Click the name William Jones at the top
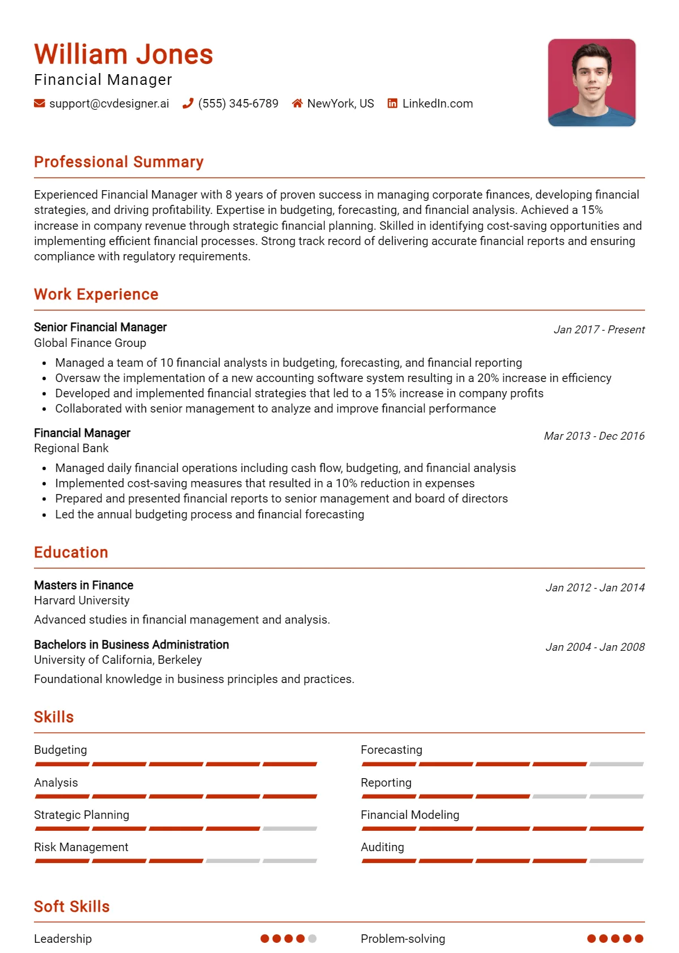(123, 55)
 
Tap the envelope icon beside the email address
(40, 104)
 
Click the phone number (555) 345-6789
(238, 104)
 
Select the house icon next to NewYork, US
(297, 104)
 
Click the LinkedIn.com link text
(437, 104)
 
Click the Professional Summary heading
(119, 162)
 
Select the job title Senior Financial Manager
(100, 327)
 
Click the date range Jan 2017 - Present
(599, 330)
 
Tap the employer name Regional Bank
(71, 448)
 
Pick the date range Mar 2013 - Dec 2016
(594, 436)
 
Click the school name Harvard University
(81, 600)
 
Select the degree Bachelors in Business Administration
(131, 645)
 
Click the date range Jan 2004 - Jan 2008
(595, 647)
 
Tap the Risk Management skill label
(81, 847)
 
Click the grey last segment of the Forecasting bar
(616, 764)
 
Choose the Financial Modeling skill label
(410, 815)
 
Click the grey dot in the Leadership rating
(312, 938)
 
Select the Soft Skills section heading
(72, 907)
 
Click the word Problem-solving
(403, 939)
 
